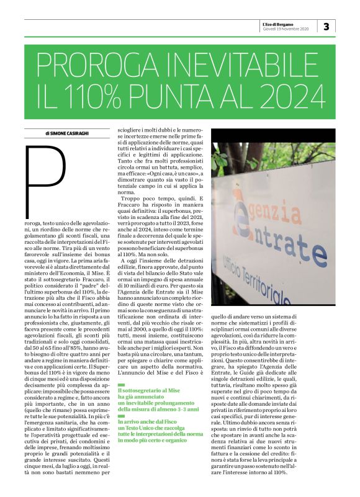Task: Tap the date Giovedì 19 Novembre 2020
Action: point(285,29)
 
